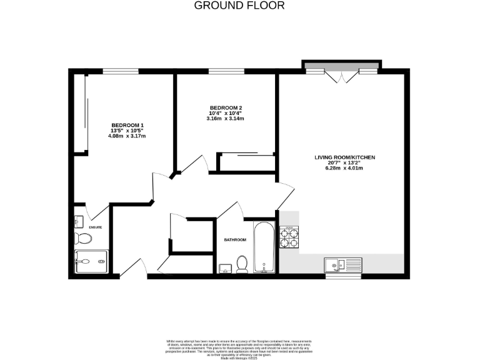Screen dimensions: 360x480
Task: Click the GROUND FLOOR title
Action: click(x=239, y=6)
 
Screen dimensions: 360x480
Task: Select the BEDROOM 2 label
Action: click(x=225, y=107)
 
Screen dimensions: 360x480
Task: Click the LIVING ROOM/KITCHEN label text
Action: click(x=344, y=157)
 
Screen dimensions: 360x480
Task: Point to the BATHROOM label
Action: click(x=236, y=239)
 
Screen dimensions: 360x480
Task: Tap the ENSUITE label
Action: click(x=96, y=227)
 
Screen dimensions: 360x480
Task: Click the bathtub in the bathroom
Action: click(x=264, y=247)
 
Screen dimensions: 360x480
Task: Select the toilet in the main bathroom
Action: click(x=242, y=266)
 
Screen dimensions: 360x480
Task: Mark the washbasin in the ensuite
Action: click(x=77, y=221)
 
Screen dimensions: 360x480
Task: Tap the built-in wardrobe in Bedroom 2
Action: click(x=247, y=162)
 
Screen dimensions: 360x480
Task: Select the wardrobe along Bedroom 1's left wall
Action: click(x=81, y=114)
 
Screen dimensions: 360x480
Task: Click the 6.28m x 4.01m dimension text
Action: click(x=344, y=168)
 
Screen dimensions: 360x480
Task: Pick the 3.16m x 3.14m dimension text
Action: click(x=225, y=118)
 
